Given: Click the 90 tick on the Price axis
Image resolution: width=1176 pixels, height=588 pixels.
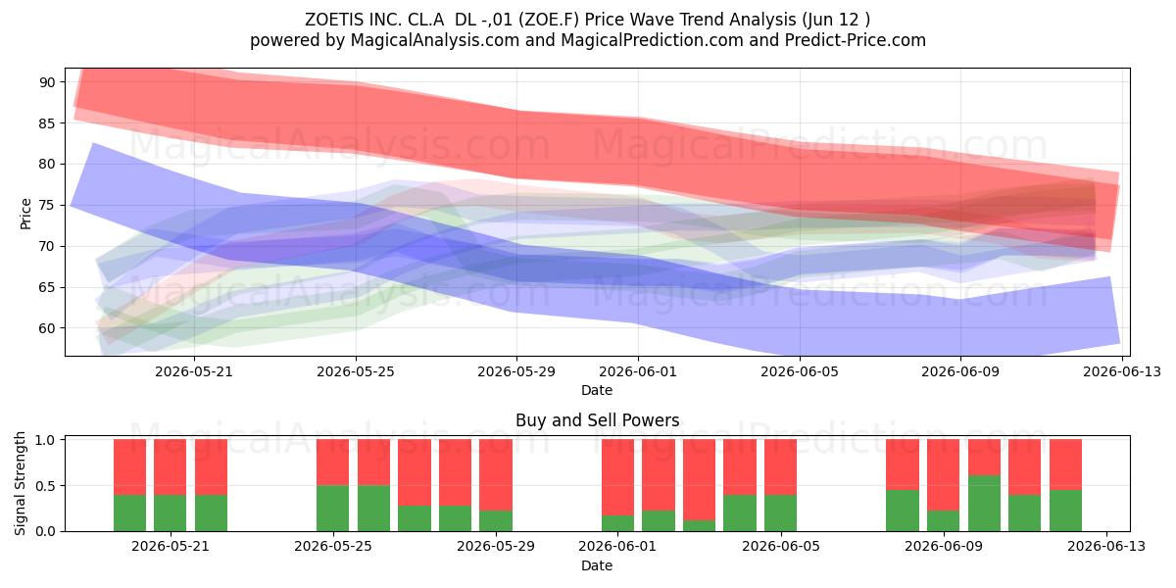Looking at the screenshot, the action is [46, 82].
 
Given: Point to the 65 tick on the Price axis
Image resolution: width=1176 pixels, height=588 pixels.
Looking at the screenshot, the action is [46, 288].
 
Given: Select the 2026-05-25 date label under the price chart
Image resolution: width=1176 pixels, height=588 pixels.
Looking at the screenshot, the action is [356, 371].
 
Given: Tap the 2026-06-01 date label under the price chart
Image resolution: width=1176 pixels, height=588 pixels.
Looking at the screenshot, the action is [638, 371].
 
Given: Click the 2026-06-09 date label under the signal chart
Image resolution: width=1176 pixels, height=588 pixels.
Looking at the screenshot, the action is [944, 546].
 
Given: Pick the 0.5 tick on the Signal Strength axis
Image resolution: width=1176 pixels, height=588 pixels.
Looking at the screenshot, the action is [45, 486].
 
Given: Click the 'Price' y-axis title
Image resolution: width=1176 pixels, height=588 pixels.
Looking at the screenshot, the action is [25, 214].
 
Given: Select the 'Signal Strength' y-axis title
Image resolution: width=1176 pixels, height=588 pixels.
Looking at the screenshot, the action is [20, 483].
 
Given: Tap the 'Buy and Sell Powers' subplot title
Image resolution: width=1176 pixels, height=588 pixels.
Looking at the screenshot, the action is [597, 420].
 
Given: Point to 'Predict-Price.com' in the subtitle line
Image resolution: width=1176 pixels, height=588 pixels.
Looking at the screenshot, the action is [856, 40].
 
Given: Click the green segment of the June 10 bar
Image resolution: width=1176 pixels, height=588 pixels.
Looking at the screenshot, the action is [984, 503].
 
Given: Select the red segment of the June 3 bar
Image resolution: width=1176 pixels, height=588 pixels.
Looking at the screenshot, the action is [699, 479].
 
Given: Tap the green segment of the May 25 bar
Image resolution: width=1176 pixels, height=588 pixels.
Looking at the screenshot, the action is [332, 509].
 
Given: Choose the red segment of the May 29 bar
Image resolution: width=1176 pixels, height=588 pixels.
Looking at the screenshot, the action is [496, 474].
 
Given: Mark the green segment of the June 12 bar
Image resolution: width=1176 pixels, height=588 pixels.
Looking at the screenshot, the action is [1066, 511].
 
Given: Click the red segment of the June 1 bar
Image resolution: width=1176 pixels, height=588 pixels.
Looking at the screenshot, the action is [617, 477].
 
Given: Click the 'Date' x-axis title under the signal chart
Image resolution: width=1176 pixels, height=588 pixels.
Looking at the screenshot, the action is [597, 565].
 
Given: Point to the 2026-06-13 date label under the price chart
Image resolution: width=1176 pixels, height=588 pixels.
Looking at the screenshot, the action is [1122, 371].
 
